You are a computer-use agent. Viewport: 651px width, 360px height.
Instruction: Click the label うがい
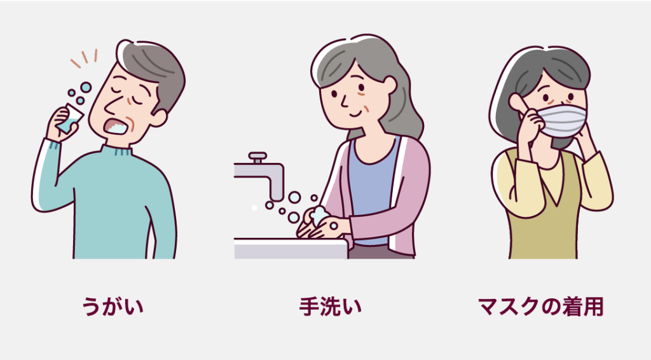pos(113,307)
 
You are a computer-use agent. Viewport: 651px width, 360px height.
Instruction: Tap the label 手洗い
pos(330,307)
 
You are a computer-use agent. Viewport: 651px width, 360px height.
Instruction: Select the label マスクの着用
pos(540,307)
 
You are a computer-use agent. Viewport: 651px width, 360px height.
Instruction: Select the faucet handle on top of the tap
pos(257,157)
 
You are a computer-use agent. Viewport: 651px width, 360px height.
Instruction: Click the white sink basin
pos(291,249)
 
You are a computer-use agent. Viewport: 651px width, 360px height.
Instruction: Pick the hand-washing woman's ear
pos(390,87)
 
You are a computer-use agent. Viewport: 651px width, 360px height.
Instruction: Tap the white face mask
pos(563,120)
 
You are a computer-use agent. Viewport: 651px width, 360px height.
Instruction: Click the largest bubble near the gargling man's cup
pos(86,87)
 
